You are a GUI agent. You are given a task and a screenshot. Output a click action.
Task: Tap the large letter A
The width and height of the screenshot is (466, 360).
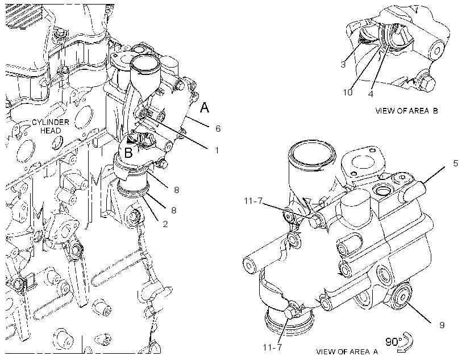205,107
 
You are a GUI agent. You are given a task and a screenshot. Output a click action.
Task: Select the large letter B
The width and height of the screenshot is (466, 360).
128,153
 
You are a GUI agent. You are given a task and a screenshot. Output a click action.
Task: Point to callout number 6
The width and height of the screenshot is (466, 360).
218,129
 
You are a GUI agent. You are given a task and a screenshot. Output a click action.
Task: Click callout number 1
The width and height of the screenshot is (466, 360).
217,150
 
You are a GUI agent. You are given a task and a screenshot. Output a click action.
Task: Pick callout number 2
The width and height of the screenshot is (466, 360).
165,224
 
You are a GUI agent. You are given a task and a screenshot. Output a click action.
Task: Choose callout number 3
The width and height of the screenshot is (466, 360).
343,65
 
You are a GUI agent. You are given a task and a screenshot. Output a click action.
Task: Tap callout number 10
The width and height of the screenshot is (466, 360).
348,93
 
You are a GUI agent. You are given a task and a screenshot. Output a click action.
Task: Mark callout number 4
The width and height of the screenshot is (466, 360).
371,94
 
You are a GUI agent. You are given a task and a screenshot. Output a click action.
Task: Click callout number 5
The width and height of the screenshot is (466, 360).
456,164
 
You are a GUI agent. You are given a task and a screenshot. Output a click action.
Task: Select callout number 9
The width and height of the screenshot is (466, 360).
442,325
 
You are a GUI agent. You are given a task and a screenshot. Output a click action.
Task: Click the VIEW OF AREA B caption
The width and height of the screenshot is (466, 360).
406,111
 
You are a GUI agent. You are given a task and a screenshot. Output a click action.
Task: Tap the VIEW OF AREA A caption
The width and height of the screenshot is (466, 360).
347,352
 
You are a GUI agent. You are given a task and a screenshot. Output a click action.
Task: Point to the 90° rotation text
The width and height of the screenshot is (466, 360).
393,342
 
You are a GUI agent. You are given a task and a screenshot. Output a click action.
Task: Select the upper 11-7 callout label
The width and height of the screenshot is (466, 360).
253,201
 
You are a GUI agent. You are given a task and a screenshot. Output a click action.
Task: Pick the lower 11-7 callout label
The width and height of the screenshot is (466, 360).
272,347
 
